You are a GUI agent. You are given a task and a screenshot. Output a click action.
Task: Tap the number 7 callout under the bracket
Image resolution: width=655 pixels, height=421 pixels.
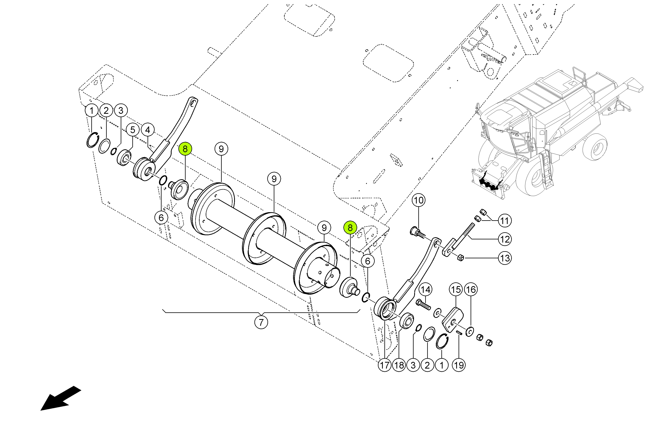[261, 322]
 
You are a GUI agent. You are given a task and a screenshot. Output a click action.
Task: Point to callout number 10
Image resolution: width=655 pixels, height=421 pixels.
[419, 200]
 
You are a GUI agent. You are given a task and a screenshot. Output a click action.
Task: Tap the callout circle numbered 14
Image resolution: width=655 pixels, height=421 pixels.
[426, 289]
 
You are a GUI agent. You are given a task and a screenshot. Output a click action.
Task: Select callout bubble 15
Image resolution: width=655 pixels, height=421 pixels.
[456, 289]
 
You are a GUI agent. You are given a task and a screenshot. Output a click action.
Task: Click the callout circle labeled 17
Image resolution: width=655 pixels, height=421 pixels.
[385, 365]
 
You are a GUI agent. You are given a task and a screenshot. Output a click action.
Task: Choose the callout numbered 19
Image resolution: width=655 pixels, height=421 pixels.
[459, 365]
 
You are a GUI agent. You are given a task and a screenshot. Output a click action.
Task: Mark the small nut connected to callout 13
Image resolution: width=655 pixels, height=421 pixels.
[460, 258]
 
